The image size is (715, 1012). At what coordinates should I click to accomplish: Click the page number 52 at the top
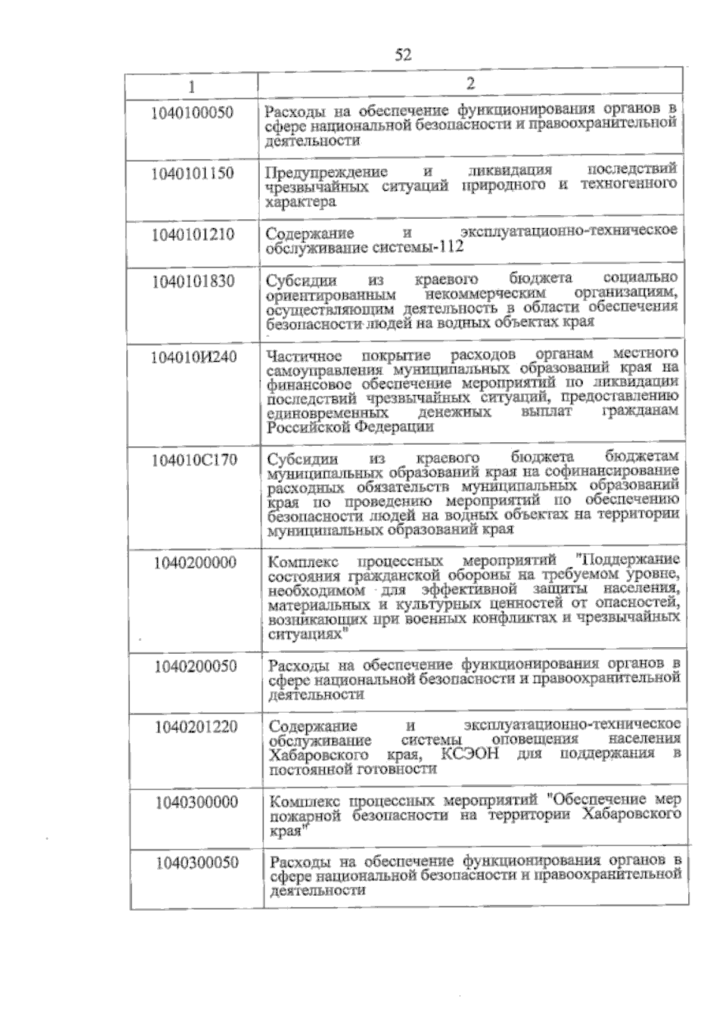(403, 55)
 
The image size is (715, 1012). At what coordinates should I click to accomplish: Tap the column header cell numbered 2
(470, 84)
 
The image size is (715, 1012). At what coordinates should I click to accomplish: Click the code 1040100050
(192, 112)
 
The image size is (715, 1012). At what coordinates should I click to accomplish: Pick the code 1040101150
(192, 173)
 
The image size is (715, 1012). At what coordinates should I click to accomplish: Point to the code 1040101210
(193, 234)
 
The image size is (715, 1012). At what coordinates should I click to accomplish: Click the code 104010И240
(194, 357)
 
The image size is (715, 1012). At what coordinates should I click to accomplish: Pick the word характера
(301, 203)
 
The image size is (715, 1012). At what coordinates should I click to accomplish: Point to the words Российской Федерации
(350, 427)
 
